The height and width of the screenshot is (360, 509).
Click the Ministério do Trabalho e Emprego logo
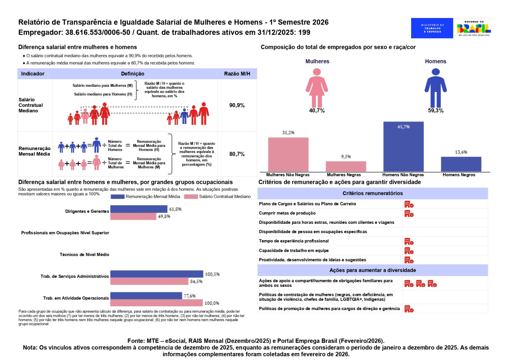click(x=432, y=28)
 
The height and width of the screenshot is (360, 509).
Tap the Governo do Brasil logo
click(x=474, y=28)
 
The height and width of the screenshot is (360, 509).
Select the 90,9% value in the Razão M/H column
click(x=237, y=105)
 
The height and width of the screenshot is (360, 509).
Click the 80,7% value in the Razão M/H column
click(x=237, y=154)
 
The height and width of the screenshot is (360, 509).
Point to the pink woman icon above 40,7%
click(x=317, y=88)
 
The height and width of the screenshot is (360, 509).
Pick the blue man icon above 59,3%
click(x=436, y=88)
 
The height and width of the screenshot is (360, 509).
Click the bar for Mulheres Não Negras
click(x=288, y=155)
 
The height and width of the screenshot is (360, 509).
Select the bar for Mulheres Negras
click(x=346, y=167)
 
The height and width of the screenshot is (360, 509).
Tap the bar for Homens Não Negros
click(x=403, y=147)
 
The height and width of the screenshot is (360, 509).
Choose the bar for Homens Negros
click(x=461, y=164)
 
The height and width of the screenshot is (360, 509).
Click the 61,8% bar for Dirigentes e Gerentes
click(x=139, y=209)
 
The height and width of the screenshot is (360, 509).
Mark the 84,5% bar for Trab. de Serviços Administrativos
click(x=149, y=281)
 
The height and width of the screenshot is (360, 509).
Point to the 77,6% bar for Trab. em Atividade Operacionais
click(x=146, y=296)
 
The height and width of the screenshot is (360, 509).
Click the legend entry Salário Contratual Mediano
click(x=218, y=197)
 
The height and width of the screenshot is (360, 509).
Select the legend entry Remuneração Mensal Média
click(x=145, y=197)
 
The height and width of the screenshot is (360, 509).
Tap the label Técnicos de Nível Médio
click(x=84, y=255)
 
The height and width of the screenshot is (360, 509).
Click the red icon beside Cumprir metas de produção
click(x=409, y=214)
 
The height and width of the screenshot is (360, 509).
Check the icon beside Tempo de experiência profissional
click(x=409, y=241)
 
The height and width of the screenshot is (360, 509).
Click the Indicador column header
click(x=33, y=74)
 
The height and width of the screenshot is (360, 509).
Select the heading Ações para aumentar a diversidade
click(x=373, y=270)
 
